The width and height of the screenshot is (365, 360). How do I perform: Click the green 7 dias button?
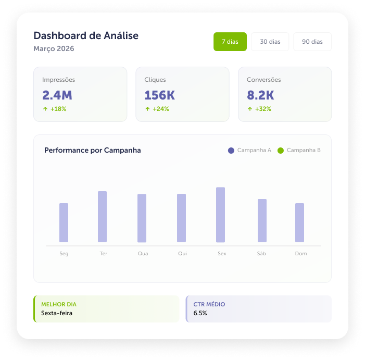(x=230, y=42)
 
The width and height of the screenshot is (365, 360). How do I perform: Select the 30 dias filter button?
(x=270, y=42)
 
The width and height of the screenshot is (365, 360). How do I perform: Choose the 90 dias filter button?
(x=312, y=42)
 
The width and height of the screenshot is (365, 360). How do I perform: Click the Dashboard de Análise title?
(x=86, y=35)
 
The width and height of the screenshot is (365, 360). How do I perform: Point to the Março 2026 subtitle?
(x=54, y=48)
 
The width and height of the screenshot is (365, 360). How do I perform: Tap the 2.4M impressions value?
(x=57, y=95)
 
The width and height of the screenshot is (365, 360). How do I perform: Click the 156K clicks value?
(x=159, y=95)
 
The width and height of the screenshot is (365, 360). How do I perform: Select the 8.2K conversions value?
(x=260, y=95)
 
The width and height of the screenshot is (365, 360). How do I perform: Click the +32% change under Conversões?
(x=263, y=109)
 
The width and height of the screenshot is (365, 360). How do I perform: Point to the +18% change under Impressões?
(x=58, y=109)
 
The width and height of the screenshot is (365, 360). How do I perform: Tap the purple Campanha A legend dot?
(x=231, y=151)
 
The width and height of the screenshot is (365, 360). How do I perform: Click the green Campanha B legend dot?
(x=281, y=151)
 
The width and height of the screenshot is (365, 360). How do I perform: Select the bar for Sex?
(x=220, y=215)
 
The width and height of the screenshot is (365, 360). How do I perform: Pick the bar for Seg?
(x=64, y=222)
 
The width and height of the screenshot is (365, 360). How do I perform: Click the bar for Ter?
(x=102, y=217)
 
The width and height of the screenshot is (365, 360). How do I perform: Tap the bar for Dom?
(x=299, y=222)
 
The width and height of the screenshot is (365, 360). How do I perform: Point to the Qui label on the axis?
(x=182, y=254)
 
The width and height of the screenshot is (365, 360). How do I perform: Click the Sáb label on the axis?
(x=261, y=253)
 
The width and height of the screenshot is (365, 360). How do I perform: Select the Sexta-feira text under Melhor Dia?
(x=57, y=313)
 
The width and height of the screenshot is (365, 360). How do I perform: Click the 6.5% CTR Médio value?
(x=200, y=313)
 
